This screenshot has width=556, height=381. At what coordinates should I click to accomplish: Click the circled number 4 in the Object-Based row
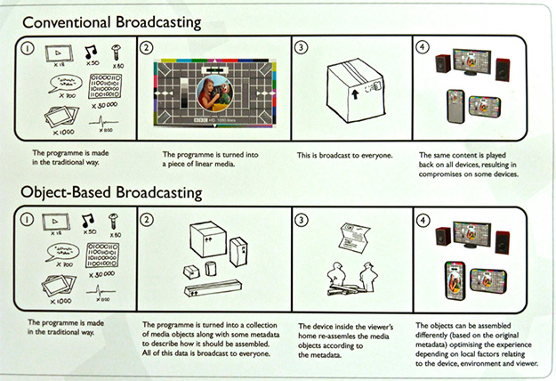click(x=424, y=218)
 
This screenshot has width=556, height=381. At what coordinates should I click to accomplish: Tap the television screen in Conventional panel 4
click(x=480, y=60)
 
